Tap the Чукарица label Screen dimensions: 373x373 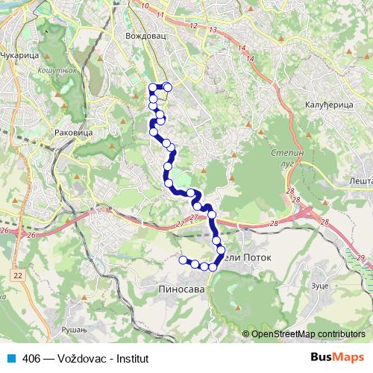point(18,55)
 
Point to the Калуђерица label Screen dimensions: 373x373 point(329,105)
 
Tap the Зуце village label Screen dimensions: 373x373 point(298,286)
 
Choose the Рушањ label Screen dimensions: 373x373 point(75,328)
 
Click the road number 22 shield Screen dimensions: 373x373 point(16,275)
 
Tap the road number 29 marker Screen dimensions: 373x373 point(361,257)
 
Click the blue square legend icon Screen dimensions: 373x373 point(11,357)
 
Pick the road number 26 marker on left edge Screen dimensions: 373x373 point(4,231)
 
